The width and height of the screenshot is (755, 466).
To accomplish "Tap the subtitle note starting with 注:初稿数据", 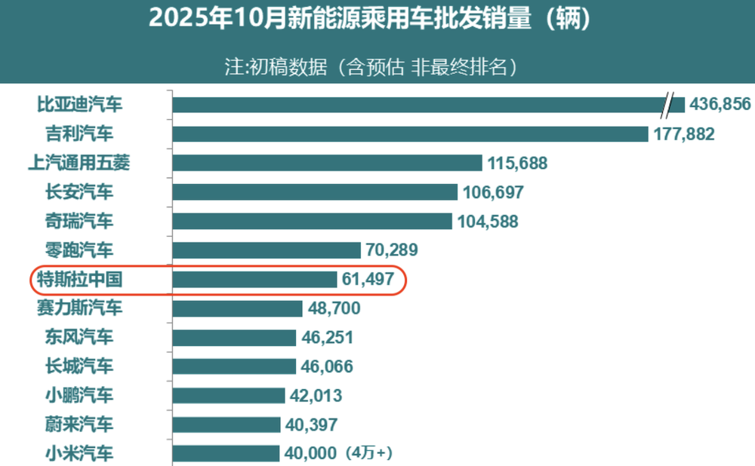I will (x=374, y=66).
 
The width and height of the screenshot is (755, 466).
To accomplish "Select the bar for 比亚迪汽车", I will (x=415, y=104).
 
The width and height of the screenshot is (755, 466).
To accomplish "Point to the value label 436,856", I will (x=720, y=104).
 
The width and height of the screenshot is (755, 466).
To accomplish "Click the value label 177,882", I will (x=683, y=133).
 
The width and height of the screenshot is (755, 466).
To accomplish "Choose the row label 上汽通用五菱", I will (x=83, y=163).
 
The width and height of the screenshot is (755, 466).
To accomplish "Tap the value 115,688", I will (x=517, y=163).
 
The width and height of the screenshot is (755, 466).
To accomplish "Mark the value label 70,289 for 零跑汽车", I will (x=392, y=250).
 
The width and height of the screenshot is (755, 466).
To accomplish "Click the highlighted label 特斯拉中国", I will (x=79, y=280).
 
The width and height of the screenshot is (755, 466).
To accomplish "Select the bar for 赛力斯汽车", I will (x=237, y=308).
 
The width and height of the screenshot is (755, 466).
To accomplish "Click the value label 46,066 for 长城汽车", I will (x=327, y=366).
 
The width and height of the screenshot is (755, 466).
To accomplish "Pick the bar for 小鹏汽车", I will (x=229, y=395).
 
